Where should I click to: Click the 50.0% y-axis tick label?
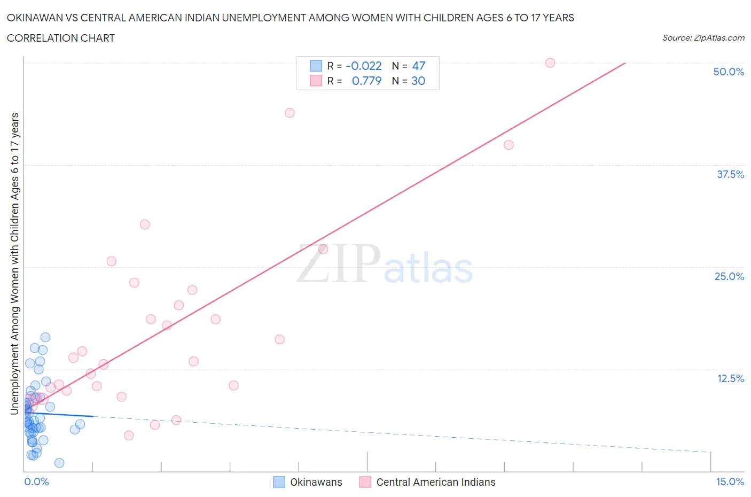[729, 72]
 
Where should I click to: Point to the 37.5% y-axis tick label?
[730, 174]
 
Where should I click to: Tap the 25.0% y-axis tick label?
[729, 276]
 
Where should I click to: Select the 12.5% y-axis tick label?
[730, 378]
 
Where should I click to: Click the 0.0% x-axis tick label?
[36, 482]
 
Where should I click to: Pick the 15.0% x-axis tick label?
[730, 482]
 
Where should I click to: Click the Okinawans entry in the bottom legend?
[316, 482]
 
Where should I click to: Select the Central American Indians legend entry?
[435, 482]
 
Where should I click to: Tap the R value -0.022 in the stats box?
[364, 66]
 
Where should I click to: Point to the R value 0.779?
[366, 81]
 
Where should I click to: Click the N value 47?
[419, 66]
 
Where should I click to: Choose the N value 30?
[418, 81]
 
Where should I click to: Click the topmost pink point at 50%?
[550, 63]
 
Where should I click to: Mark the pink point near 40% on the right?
[509, 145]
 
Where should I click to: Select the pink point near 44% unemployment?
[290, 113]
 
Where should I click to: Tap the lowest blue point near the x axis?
[59, 463]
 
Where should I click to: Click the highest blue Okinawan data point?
[45, 337]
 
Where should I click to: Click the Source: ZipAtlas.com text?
[703, 37]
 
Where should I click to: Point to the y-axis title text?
[15, 263]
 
